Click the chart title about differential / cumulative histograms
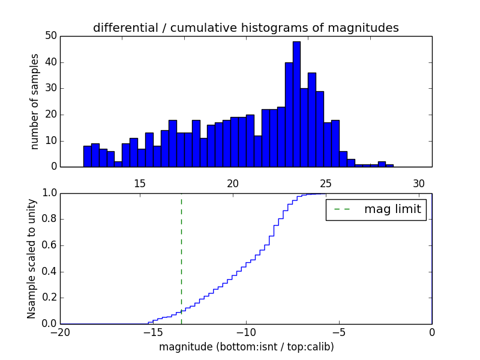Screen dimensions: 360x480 (246, 28)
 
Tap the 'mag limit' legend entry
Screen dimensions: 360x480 (376, 209)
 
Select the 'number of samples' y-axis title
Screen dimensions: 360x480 (35, 101)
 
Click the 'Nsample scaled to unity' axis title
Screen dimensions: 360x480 (31, 258)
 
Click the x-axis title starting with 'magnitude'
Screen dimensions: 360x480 (246, 347)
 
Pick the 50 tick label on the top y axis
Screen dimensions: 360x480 (50, 36)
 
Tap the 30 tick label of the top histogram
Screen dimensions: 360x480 (419, 184)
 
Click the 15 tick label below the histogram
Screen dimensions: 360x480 (140, 184)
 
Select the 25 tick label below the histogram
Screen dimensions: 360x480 (326, 184)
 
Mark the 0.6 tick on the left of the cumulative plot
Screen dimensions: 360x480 (49, 246)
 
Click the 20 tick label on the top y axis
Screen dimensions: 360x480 (50, 115)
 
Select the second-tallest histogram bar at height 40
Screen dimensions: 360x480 (289, 114)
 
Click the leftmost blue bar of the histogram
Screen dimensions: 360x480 (87, 156)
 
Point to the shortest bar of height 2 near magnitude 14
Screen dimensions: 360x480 (118, 164)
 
